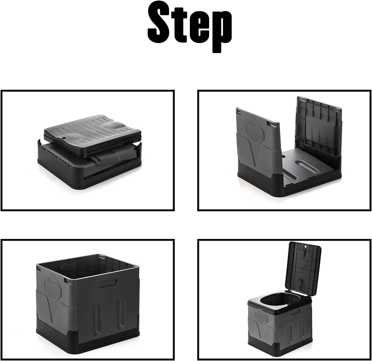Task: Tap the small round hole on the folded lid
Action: point(65,137)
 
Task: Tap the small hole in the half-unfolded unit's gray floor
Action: point(284,156)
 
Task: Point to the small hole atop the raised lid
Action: point(305,246)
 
